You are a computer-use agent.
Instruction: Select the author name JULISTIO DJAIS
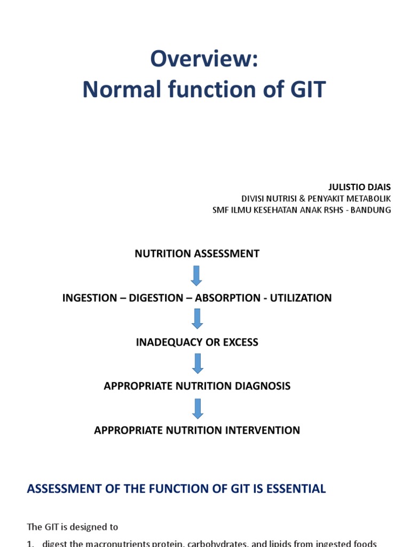(359, 187)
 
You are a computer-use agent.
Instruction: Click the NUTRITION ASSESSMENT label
(197, 254)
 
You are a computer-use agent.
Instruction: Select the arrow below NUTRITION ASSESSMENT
(197, 275)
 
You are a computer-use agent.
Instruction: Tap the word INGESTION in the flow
(90, 298)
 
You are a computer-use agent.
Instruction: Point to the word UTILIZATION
(301, 298)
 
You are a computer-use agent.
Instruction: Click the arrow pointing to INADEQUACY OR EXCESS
(197, 319)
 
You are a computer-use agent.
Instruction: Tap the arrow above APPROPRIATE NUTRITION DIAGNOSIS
(197, 363)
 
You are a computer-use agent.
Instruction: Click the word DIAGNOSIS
(264, 386)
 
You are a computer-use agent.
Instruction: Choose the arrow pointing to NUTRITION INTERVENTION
(197, 408)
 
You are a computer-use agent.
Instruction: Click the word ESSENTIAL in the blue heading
(299, 489)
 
